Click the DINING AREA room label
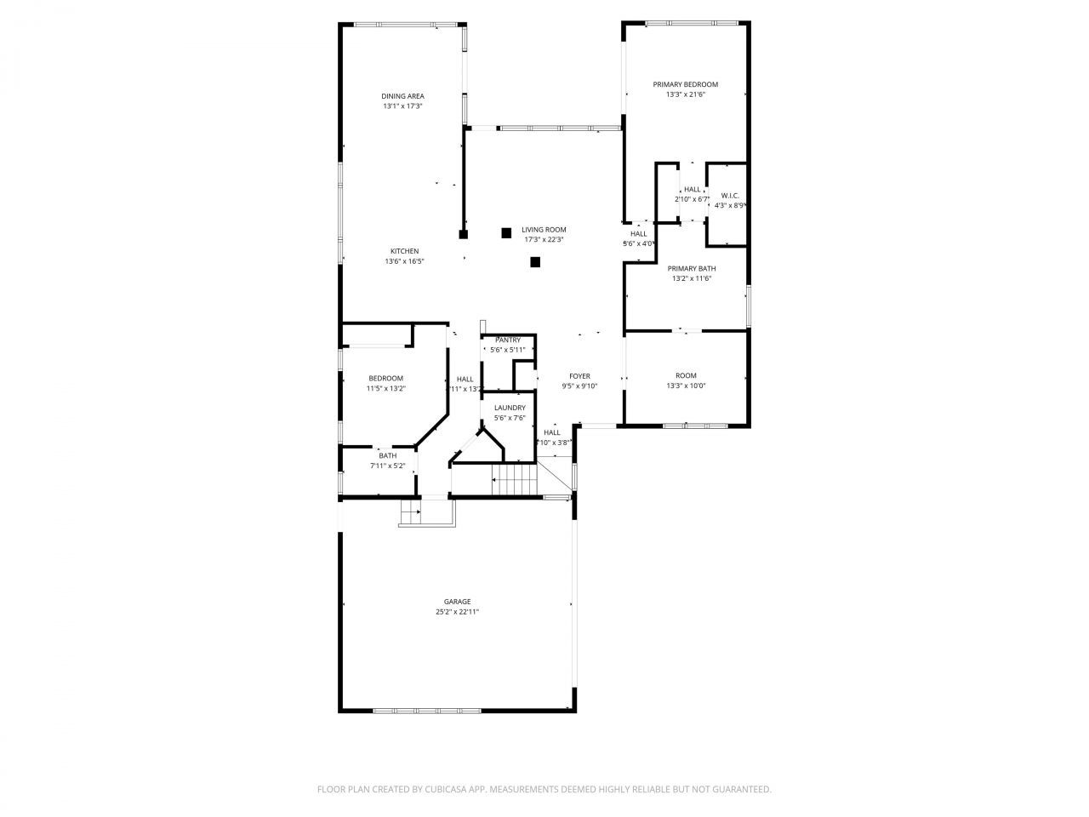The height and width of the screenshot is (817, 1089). [x=402, y=96]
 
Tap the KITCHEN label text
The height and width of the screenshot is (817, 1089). [x=404, y=251]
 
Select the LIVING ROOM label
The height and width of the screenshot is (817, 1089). [x=544, y=230]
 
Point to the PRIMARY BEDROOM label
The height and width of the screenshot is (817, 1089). [x=685, y=84]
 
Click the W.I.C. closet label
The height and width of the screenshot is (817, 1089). [x=729, y=196]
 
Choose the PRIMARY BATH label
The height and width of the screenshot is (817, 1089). [x=691, y=268]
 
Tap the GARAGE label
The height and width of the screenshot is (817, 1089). [x=457, y=601]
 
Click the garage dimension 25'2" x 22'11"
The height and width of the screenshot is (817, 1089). [x=457, y=612]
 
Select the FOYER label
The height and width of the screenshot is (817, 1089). [x=579, y=376]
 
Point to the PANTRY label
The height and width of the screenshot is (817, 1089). [x=508, y=340]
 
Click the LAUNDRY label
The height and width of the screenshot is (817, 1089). [x=510, y=408]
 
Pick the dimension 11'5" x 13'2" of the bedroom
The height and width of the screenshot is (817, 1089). [x=385, y=389]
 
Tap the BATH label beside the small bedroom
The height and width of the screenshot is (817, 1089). [x=387, y=456]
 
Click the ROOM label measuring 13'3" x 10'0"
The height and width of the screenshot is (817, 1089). [x=686, y=375]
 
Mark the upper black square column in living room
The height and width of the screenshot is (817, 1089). [x=506, y=231]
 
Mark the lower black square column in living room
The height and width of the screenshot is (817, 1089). [x=535, y=262]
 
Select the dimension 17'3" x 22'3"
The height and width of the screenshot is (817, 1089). [x=544, y=240]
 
